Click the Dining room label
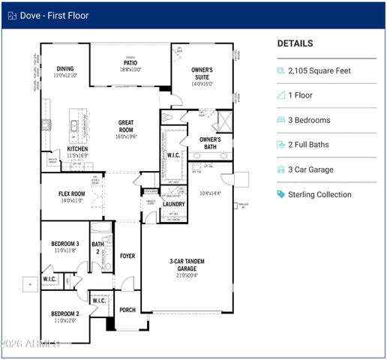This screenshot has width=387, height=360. coord(64,69)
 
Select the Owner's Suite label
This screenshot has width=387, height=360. coord(202,73)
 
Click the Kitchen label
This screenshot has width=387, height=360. coord(78,149)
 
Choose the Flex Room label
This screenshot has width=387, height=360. coord(72,194)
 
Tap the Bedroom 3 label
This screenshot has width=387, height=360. coord(66,244)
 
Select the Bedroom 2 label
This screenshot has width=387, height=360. coord(65,313)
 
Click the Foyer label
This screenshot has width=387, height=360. coord(127,256)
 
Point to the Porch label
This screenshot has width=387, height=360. coord(127,310)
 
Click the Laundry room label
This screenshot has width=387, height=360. coord(173,204)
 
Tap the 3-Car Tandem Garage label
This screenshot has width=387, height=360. coord(187,265)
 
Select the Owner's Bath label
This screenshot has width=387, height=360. coord(210,142)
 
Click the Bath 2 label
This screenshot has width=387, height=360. coord(97,247)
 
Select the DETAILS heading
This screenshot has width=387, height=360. coord(295,43)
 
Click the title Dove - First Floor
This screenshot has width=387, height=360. coord(55,14)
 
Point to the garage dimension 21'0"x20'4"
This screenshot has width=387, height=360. coord(187,275)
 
